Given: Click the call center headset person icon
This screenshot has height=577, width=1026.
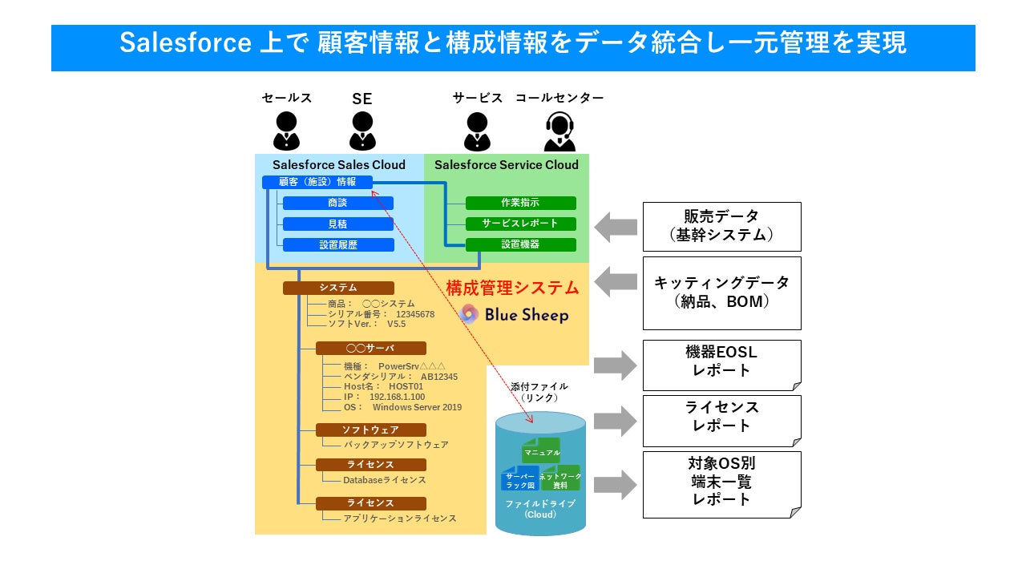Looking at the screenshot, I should tap(559, 131).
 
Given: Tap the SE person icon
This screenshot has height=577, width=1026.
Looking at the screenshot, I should tap(362, 131).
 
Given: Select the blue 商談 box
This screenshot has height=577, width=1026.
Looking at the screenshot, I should tap(338, 204).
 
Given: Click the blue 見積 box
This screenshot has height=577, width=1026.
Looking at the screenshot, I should tap(338, 224).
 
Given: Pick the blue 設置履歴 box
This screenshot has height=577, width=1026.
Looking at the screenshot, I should tap(338, 245).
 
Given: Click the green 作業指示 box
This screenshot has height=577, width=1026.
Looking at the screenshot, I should tap(521, 204).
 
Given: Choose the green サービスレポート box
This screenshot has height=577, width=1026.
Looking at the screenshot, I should tap(521, 224).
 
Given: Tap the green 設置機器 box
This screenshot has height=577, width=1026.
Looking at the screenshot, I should tap(521, 244).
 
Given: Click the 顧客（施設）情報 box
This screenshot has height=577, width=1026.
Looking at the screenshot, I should tap(317, 182).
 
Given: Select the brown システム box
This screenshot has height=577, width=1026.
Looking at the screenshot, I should tap(338, 288).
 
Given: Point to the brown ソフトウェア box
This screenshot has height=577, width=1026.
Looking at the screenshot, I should tap(370, 430).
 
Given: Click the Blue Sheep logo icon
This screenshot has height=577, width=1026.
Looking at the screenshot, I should tap(469, 314).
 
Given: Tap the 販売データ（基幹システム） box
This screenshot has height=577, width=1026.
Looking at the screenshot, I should tap(721, 227).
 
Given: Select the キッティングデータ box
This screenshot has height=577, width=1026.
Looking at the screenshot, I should tap(721, 293).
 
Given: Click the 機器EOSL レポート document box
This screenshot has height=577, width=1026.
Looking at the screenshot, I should tap(721, 361).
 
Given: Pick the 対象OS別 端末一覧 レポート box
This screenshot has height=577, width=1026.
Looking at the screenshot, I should tap(721, 483).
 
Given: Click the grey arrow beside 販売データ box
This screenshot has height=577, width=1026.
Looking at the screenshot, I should tap(616, 227).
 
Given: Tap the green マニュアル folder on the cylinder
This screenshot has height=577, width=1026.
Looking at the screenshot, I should tap(542, 450).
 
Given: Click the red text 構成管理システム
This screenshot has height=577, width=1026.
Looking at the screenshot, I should tap(512, 287).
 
